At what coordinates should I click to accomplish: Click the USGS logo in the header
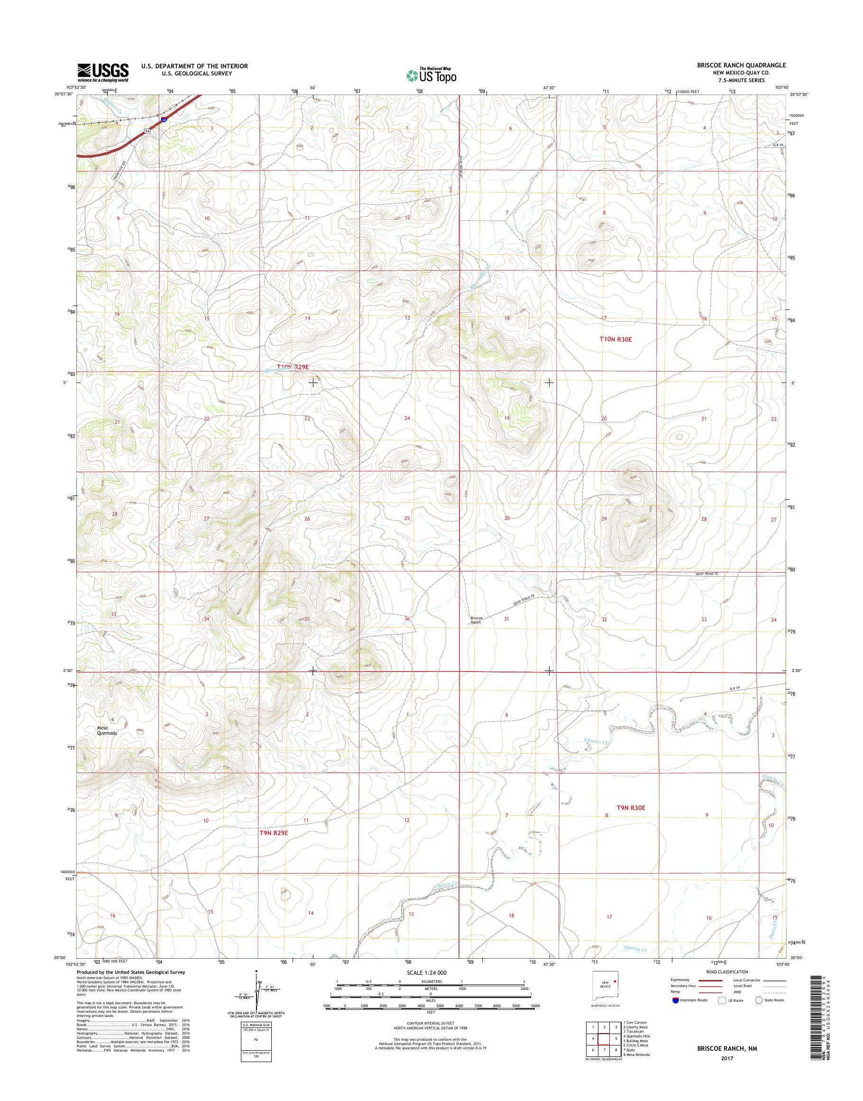point(102,72)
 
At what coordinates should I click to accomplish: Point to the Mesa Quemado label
point(107,730)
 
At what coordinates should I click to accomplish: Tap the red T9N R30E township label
point(631,808)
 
